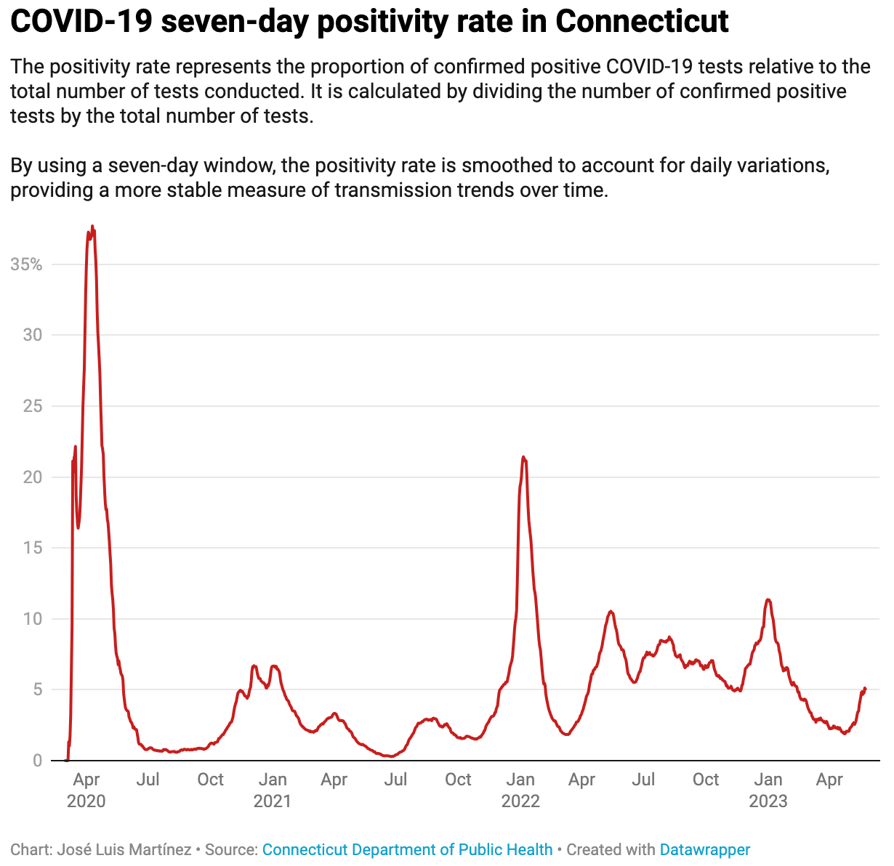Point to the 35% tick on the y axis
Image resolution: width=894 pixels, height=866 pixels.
click(x=26, y=264)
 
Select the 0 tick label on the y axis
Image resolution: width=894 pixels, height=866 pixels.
click(x=38, y=761)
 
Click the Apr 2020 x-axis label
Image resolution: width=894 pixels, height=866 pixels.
click(x=86, y=790)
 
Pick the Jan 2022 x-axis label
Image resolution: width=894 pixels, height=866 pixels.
click(x=520, y=790)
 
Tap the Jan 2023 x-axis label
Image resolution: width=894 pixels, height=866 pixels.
click(x=768, y=790)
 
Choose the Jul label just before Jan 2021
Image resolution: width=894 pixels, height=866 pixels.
click(x=148, y=780)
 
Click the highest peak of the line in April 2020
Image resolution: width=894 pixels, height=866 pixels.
click(x=92, y=227)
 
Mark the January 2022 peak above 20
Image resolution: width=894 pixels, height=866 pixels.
click(x=523, y=457)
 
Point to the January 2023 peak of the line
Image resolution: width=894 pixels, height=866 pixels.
click(x=768, y=599)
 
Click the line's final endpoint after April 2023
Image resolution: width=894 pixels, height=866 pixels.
click(x=865, y=688)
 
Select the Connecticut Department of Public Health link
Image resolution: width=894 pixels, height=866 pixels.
click(x=407, y=849)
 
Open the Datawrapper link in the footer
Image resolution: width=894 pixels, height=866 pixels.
click(x=704, y=849)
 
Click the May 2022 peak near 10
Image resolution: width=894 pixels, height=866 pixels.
click(x=611, y=612)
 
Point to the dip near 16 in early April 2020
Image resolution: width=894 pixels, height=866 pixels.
click(x=78, y=527)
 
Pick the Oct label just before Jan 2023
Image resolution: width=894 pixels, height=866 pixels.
click(x=706, y=780)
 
